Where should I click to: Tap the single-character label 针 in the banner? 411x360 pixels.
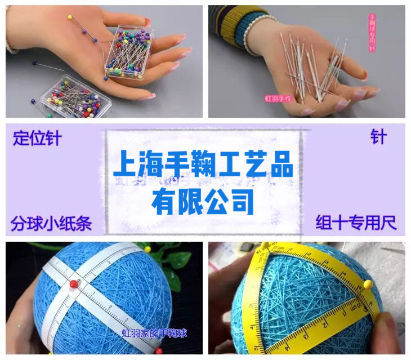378,137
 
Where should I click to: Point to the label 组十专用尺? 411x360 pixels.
356,223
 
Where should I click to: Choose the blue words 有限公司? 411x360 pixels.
203,201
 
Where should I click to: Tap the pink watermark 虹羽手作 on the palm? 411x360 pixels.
278,99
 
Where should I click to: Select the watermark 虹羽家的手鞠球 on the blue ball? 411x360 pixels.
154,334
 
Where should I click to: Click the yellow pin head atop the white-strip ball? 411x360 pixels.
148,249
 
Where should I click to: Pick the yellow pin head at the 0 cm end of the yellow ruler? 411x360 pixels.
265,246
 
